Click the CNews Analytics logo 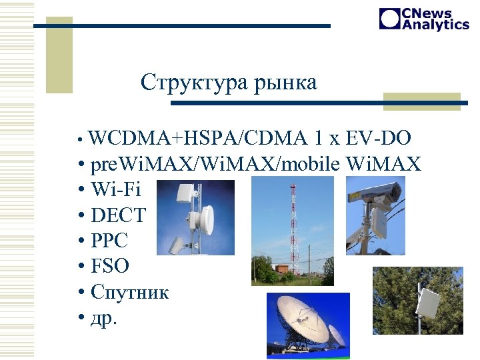point(424,19)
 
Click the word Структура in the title point(193,83)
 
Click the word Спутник point(130,292)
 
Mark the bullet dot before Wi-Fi point(80,190)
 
